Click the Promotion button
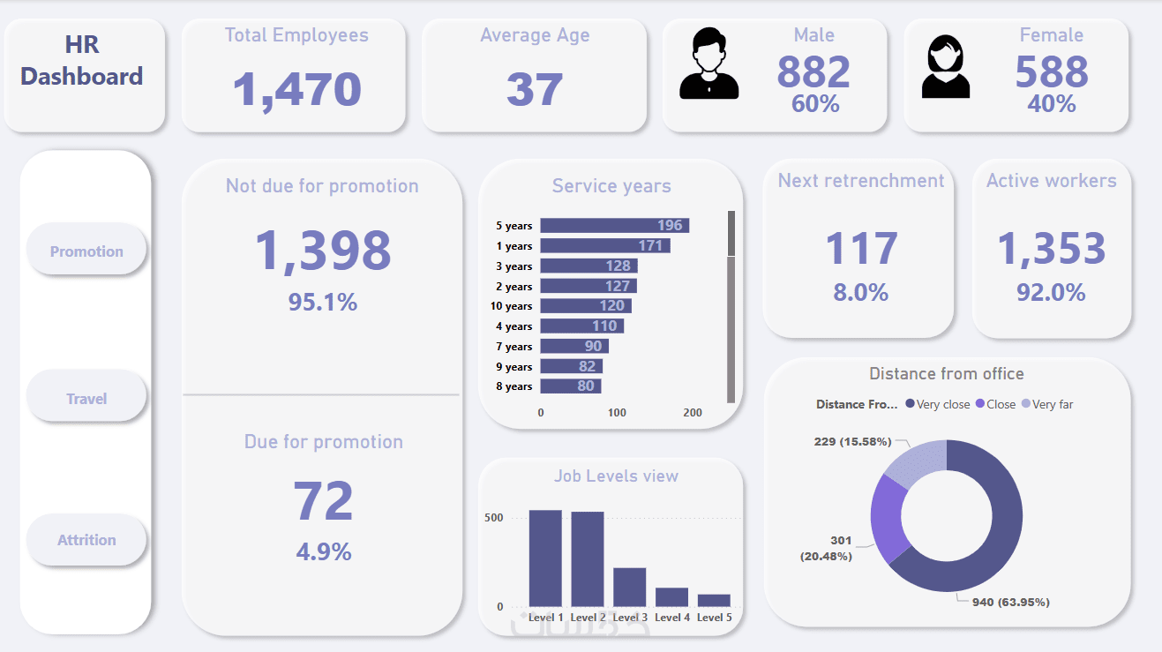pyautogui.click(x=86, y=251)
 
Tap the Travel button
pyautogui.click(x=86, y=399)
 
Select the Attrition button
pyautogui.click(x=86, y=540)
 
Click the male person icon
pyautogui.click(x=709, y=64)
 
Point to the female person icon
pyautogui.click(x=946, y=66)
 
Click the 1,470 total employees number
pyautogui.click(x=297, y=89)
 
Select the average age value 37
pyautogui.click(x=535, y=89)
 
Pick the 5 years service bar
pyautogui.click(x=614, y=226)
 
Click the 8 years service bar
pyautogui.click(x=570, y=386)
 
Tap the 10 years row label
pyautogui.click(x=512, y=306)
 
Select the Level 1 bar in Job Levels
pyautogui.click(x=545, y=558)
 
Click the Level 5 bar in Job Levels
pyautogui.click(x=714, y=600)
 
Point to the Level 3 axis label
pyautogui.click(x=630, y=618)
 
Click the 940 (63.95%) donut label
pyautogui.click(x=1010, y=603)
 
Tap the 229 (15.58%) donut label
pyautogui.click(x=852, y=441)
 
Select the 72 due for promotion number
pyautogui.click(x=323, y=501)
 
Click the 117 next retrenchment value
pyautogui.click(x=861, y=249)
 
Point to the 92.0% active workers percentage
pyautogui.click(x=1051, y=292)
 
